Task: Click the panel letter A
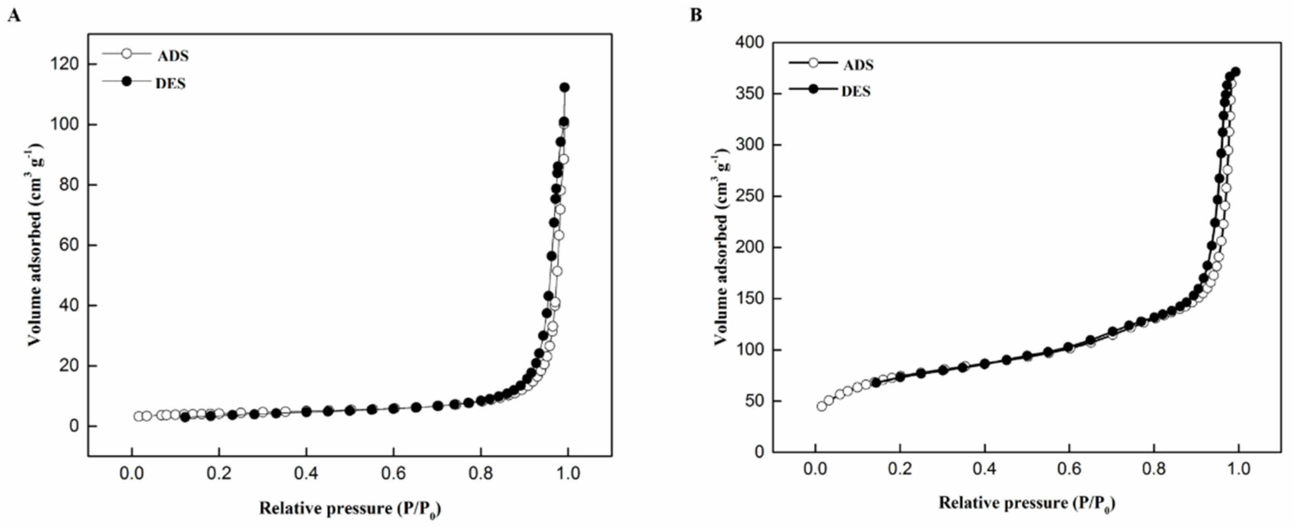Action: pos(15,16)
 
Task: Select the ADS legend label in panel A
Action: pos(173,56)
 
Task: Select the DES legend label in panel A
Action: pos(170,83)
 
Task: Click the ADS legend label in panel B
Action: pos(858,65)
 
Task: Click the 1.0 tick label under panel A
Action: pos(568,473)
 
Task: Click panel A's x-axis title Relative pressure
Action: pos(350,509)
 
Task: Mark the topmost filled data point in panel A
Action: pos(564,87)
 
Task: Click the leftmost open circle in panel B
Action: pos(821,406)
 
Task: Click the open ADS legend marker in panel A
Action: pos(127,53)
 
